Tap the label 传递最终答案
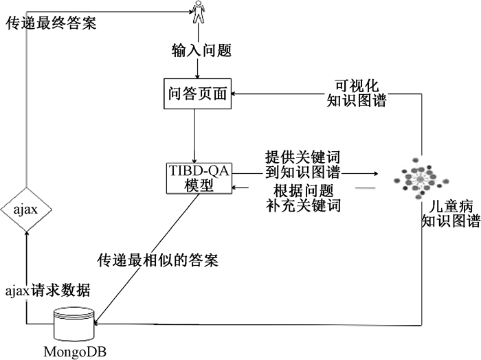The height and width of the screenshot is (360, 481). click(51, 23)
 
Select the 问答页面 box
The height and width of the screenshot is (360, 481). click(197, 94)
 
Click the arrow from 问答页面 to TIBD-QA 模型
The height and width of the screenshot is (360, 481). click(197, 136)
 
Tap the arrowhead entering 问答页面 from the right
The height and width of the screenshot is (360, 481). click(235, 95)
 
